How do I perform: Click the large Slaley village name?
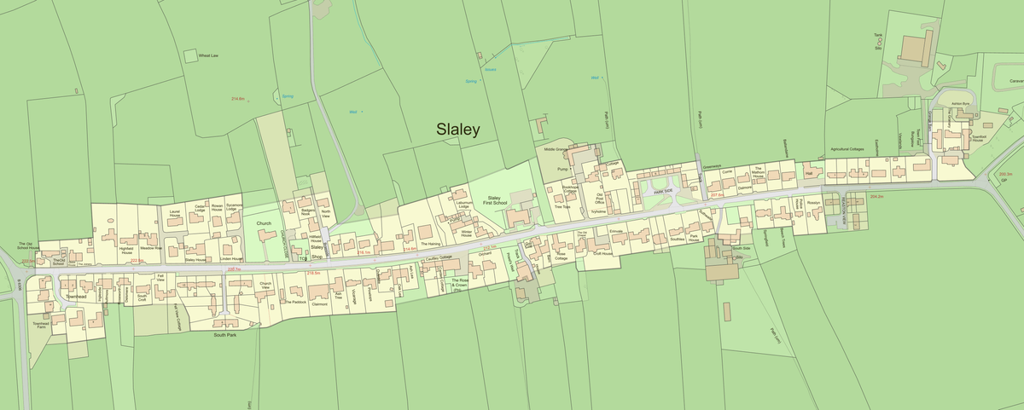tap(458, 130)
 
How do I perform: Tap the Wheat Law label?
tap(209, 55)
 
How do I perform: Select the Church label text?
tap(264, 223)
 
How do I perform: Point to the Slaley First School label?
tap(494, 201)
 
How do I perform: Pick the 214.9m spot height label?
tap(238, 99)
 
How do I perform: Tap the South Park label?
tap(225, 335)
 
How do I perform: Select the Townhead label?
tap(77, 296)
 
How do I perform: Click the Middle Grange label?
tap(556, 149)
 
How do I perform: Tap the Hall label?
tap(809, 173)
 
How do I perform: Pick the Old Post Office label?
tap(599, 199)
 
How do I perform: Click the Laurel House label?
tap(174, 214)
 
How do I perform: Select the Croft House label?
tap(602, 253)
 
